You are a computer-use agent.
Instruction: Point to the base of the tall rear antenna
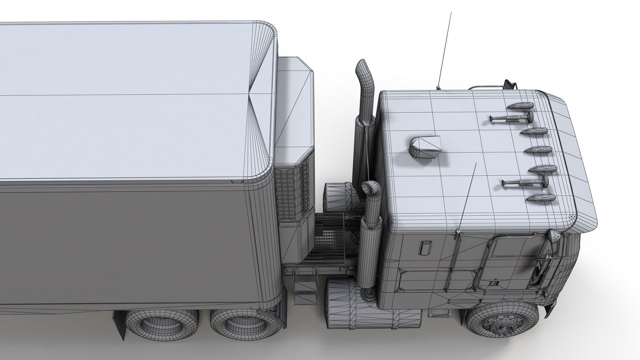(437, 87)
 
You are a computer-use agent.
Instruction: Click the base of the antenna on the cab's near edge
(458, 232)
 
